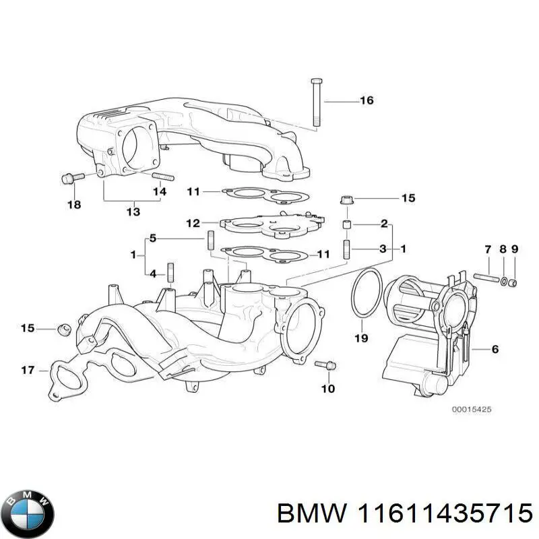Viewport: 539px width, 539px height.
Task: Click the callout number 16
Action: [x=366, y=101]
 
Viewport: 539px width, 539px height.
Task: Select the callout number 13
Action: [x=133, y=212]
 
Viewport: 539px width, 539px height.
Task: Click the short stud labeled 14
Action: [x=163, y=177]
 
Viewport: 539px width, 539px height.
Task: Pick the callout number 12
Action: [x=193, y=223]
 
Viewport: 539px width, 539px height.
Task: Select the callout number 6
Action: [x=495, y=349]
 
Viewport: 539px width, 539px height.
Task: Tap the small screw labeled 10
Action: [x=326, y=364]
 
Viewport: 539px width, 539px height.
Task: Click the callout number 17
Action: [x=28, y=370]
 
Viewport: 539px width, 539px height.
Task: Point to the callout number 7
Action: [x=488, y=250]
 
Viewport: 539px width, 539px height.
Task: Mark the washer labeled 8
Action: [x=504, y=280]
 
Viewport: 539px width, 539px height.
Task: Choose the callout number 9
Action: [x=515, y=250]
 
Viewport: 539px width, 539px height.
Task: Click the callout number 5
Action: [x=153, y=238]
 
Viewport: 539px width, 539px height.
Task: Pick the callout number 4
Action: [x=153, y=274]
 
